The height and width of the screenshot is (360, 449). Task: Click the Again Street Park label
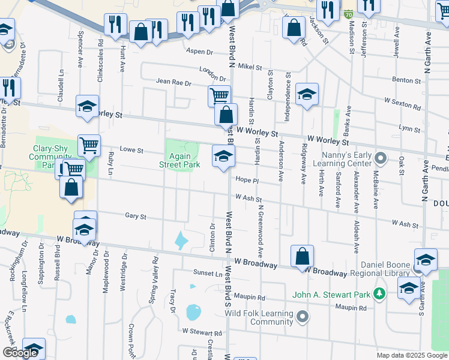tap(179, 159)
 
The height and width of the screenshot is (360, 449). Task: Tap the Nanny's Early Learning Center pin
tap(379, 159)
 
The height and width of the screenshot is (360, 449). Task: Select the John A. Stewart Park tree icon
tap(379, 294)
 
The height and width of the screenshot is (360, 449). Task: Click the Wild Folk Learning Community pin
tap(303, 317)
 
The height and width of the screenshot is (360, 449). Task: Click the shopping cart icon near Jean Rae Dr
tap(219, 95)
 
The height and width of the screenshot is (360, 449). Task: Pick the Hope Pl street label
tap(247, 180)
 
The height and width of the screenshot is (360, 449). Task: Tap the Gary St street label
tap(136, 215)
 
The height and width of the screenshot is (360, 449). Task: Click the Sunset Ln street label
tap(207, 273)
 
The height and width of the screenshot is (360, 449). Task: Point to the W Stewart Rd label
tap(202, 331)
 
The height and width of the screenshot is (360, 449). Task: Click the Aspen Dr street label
tap(199, 52)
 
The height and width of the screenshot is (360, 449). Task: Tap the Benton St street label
tap(406, 80)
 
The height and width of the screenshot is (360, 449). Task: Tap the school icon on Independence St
tap(307, 94)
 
